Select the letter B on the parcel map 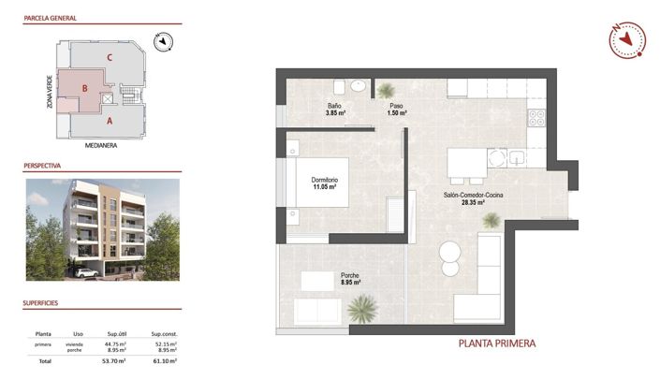(x=85, y=89)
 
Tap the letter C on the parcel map (x=110, y=58)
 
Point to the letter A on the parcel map (x=110, y=120)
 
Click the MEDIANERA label (x=99, y=146)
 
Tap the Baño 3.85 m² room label (x=335, y=110)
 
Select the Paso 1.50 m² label (x=396, y=110)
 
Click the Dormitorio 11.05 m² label (x=324, y=183)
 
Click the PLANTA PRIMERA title (x=496, y=343)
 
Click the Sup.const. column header (x=164, y=333)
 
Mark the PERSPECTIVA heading (x=42, y=165)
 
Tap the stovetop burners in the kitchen (x=537, y=119)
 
